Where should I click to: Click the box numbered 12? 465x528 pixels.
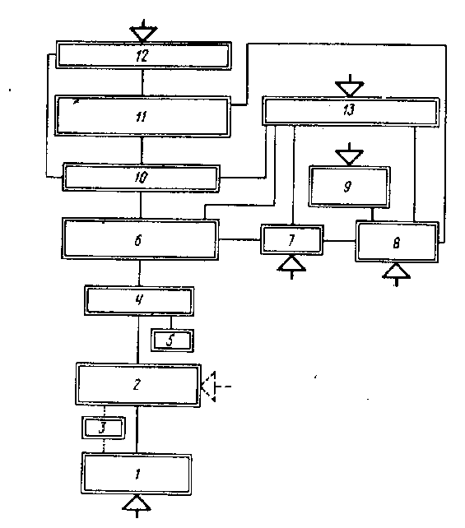point(143,55)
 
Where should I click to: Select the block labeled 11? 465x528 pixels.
point(142,117)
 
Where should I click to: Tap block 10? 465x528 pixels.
point(141,178)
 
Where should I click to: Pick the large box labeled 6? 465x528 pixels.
point(140,239)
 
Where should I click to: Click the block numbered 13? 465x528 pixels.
point(351,111)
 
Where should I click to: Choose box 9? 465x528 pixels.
point(350,187)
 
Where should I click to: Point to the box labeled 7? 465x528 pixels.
point(292,240)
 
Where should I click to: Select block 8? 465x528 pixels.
point(397,242)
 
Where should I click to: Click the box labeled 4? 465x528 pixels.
point(139,301)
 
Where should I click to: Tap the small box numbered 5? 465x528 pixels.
point(172,340)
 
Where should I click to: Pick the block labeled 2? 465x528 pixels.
point(137,385)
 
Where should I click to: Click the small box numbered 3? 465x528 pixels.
point(104,428)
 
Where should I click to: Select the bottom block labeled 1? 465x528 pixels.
point(137,474)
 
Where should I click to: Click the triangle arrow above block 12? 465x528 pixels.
point(143,31)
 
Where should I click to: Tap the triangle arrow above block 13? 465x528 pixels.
point(350,86)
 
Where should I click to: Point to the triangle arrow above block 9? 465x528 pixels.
point(350,155)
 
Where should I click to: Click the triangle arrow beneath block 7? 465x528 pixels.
point(291,266)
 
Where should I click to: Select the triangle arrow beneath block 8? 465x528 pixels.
point(396,274)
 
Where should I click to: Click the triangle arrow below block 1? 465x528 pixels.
point(137,506)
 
